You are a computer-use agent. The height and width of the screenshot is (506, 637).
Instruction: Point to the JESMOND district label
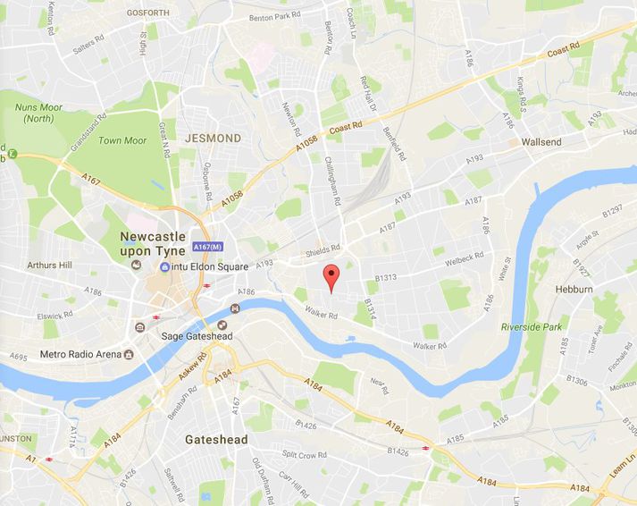click(213, 139)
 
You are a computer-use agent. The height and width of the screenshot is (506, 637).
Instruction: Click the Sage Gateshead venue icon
click(235, 309)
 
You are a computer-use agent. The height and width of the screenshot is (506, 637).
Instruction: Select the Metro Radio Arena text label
click(80, 354)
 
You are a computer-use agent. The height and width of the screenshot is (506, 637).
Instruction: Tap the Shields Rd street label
click(324, 249)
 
